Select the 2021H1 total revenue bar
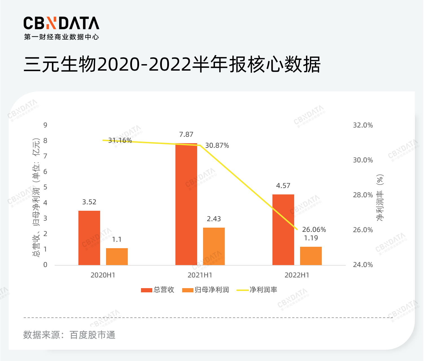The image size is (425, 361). point(186,204)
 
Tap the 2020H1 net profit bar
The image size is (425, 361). point(117,256)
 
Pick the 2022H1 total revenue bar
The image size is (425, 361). point(283,229)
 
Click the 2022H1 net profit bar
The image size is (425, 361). point(311,256)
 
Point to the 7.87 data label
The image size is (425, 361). point(186,134)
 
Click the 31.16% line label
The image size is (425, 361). point(120,140)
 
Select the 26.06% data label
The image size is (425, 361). point(314,230)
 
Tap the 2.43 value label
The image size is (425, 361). point(214,219)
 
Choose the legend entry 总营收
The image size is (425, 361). point(158,290)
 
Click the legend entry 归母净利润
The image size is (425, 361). point(206,290)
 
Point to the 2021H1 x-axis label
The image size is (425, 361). point(200,275)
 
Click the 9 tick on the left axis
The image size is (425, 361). point(45,125)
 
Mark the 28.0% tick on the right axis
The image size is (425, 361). point(363,195)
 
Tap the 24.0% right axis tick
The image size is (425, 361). point(363,265)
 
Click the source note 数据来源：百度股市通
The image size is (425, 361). point(69,335)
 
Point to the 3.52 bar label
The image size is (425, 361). point(89,202)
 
